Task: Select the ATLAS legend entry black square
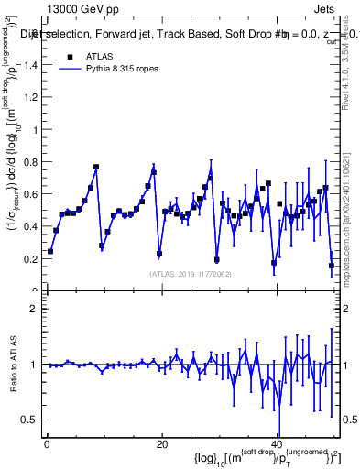tap(70, 56)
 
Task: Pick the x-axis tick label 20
tap(162, 445)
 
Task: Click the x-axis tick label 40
tap(277, 445)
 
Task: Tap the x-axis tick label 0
tap(47, 445)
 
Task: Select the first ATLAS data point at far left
tap(50, 251)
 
